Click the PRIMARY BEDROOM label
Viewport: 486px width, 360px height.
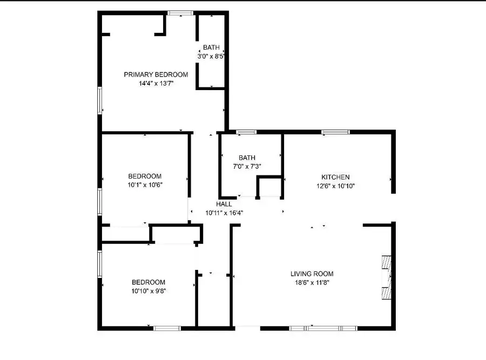pyautogui.click(x=156, y=74)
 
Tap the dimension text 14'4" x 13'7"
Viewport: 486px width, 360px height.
pyautogui.click(x=156, y=84)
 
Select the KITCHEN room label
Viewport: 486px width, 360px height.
pyautogui.click(x=335, y=177)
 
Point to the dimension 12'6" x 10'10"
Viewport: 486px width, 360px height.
pyautogui.click(x=335, y=186)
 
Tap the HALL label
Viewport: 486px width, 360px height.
pyautogui.click(x=224, y=204)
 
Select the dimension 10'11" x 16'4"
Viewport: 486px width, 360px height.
pyautogui.click(x=224, y=213)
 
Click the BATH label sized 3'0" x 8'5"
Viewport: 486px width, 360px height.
pyautogui.click(x=211, y=47)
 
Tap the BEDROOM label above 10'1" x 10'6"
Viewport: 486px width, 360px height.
pyautogui.click(x=144, y=176)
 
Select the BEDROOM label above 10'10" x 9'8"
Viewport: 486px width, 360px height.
pyautogui.click(x=148, y=282)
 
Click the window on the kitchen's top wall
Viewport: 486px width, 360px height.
pyautogui.click(x=335, y=132)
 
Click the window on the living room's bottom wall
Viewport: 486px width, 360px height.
pyautogui.click(x=323, y=328)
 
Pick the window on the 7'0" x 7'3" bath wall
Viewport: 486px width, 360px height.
pyautogui.click(x=246, y=132)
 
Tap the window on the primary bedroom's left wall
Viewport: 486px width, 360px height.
pyautogui.click(x=100, y=100)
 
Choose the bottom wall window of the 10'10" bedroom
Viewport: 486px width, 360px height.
pyautogui.click(x=167, y=328)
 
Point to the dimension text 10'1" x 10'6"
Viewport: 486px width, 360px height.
pyautogui.click(x=144, y=185)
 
